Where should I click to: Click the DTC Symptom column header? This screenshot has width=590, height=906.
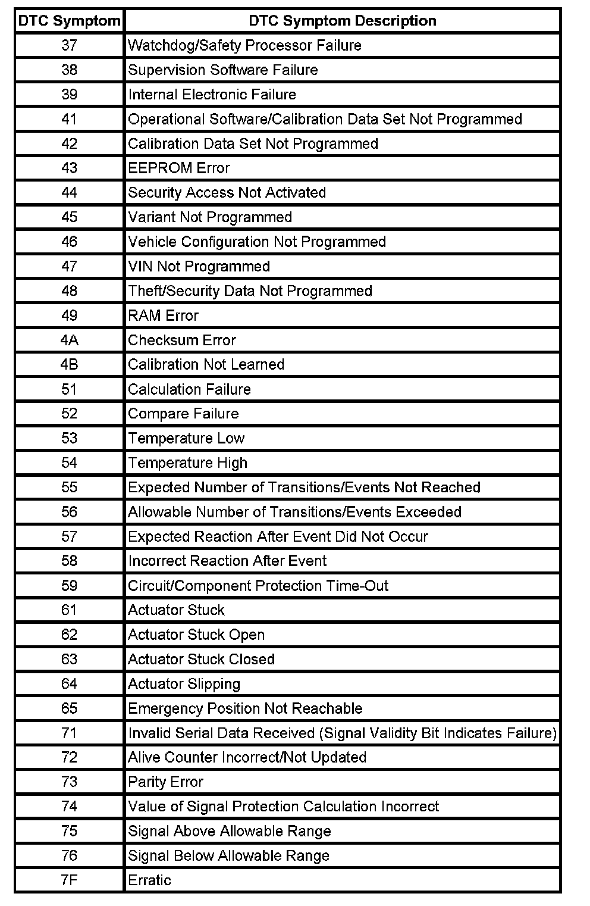pyautogui.click(x=69, y=21)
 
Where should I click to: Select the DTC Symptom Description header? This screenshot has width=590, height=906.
pyautogui.click(x=342, y=21)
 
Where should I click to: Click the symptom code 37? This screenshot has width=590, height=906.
pyautogui.click(x=69, y=45)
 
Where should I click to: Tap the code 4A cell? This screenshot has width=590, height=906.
pyautogui.click(x=69, y=340)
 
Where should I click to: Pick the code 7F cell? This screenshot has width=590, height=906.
pyautogui.click(x=69, y=880)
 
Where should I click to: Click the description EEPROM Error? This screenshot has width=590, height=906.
pyautogui.click(x=179, y=168)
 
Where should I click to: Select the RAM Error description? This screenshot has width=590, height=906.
pyautogui.click(x=163, y=315)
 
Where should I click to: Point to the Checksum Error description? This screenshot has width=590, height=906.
pyautogui.click(x=182, y=340)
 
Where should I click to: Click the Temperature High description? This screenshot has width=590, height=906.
pyautogui.click(x=187, y=463)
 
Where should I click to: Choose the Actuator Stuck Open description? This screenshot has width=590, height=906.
pyautogui.click(x=196, y=635)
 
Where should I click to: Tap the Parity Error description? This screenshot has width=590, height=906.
pyautogui.click(x=165, y=782)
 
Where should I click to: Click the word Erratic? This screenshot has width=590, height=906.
pyautogui.click(x=149, y=880)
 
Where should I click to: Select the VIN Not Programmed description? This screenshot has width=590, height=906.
pyautogui.click(x=199, y=266)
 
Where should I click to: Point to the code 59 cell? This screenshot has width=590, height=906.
pyautogui.click(x=69, y=586)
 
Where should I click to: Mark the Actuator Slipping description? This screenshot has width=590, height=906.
pyautogui.click(x=184, y=683)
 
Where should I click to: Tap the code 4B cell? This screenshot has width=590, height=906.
pyautogui.click(x=69, y=364)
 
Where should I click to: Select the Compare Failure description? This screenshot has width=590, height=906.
pyautogui.click(x=183, y=414)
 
